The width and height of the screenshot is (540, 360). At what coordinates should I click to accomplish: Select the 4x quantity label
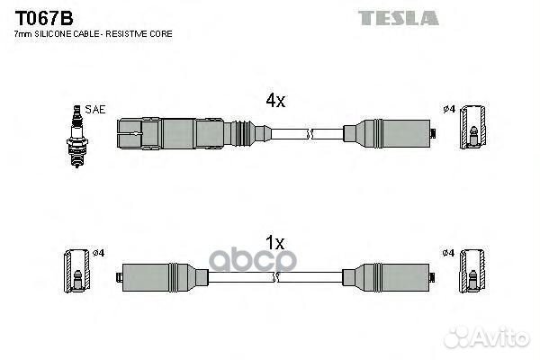274,102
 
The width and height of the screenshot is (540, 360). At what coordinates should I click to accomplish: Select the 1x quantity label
274,243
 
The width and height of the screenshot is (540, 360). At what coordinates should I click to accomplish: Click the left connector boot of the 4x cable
180,135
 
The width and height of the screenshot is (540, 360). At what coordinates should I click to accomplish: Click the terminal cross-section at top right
472,129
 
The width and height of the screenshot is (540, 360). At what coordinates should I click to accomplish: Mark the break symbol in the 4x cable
310,135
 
